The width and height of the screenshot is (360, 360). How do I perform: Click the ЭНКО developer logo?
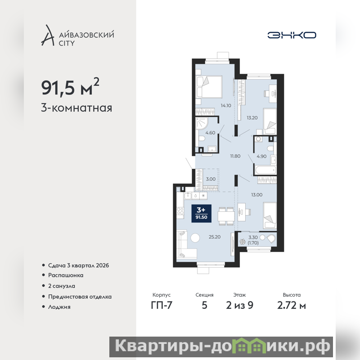pyautogui.click(x=292, y=35)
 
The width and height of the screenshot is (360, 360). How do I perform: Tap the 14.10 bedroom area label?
pyautogui.click(x=226, y=106)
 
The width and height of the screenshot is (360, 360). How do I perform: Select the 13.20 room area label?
pyautogui.click(x=252, y=118)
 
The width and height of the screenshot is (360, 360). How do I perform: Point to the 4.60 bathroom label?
pyautogui.click(x=210, y=133)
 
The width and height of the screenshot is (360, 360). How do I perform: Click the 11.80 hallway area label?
pyautogui.click(x=235, y=156)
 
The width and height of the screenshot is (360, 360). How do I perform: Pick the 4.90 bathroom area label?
pyautogui.click(x=261, y=156)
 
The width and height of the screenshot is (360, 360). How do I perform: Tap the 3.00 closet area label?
pyautogui.click(x=211, y=179)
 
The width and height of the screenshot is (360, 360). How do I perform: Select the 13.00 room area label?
pyautogui.click(x=256, y=195)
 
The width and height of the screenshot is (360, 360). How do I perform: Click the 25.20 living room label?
pyautogui.click(x=215, y=237)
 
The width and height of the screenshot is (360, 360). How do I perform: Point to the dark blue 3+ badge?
pyautogui.click(x=201, y=213)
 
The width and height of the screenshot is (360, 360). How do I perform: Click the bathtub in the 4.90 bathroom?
pyautogui.click(x=265, y=171)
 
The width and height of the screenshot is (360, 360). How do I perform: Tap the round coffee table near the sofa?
pyautogui.click(x=195, y=238)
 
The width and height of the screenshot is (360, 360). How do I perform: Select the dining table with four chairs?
pyautogui.click(x=226, y=216)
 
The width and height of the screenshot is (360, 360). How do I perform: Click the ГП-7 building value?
pyautogui.click(x=162, y=306)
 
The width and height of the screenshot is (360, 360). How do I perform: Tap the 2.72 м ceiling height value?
pyautogui.click(x=292, y=306)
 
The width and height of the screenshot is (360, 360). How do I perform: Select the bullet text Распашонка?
pyautogui.click(x=66, y=275)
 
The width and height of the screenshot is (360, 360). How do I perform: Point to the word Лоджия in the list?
pyautogui.click(x=59, y=307)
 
